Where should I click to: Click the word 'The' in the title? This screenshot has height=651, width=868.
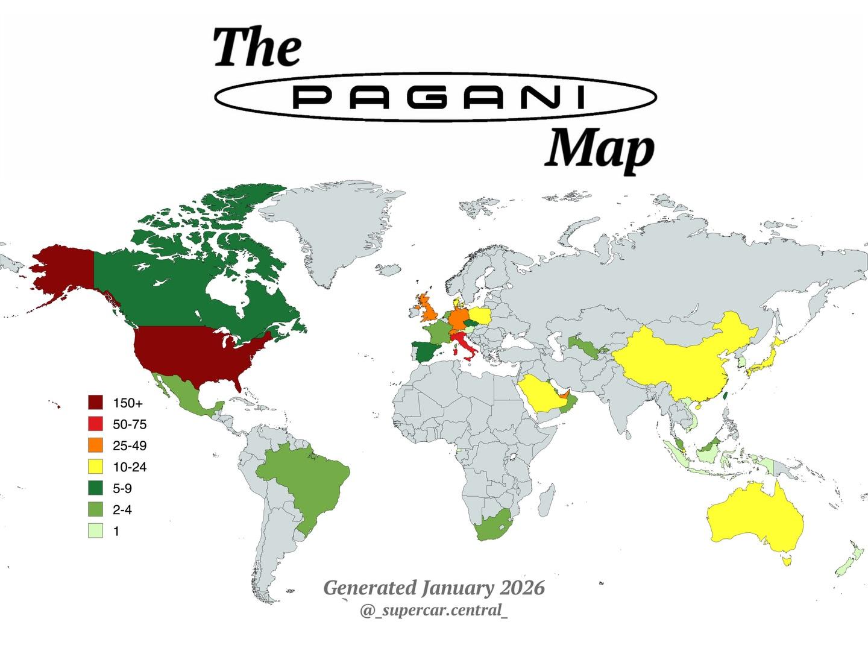(x=257, y=48)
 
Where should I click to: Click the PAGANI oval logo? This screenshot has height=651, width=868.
(x=435, y=97)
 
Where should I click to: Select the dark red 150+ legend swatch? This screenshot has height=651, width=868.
(x=96, y=403)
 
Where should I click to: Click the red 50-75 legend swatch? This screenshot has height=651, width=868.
(x=96, y=424)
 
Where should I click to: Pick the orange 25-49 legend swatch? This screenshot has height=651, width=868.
(x=96, y=445)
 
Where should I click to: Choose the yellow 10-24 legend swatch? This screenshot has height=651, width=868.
(x=96, y=467)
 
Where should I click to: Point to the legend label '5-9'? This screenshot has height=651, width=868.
(x=122, y=488)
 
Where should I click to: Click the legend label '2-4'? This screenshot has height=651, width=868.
(x=122, y=510)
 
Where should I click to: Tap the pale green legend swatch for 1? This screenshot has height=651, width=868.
(x=96, y=531)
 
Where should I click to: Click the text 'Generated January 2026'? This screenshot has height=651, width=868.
(x=434, y=587)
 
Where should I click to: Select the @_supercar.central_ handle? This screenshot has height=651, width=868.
(x=434, y=610)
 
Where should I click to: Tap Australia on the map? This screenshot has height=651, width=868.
(x=753, y=518)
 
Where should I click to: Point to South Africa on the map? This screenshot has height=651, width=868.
(x=491, y=527)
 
